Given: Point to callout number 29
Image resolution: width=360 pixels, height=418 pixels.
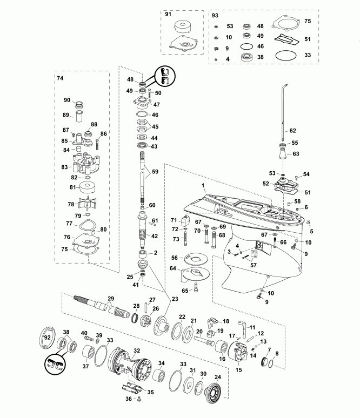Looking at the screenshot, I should coord(111,299).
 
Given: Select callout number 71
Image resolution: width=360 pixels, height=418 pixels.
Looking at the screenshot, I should coord(175,221).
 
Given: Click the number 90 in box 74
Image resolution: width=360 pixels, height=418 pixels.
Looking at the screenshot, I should coord(68,100).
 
